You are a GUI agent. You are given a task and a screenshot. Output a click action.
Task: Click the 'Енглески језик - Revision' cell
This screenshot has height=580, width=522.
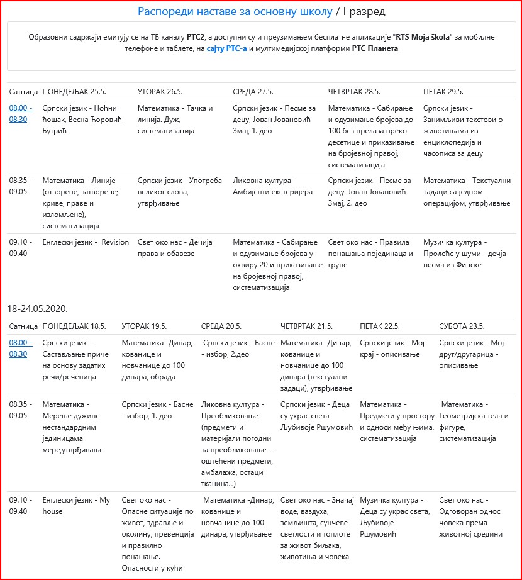(x=86, y=242)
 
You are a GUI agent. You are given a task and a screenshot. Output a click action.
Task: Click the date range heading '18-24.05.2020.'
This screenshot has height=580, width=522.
(x=38, y=309)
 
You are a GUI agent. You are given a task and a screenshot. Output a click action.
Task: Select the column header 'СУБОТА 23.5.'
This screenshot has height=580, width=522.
(x=462, y=326)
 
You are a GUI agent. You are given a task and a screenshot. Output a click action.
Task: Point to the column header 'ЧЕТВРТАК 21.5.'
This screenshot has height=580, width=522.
(x=306, y=326)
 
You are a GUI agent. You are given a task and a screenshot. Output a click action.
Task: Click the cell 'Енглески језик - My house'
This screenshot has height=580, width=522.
(x=76, y=506)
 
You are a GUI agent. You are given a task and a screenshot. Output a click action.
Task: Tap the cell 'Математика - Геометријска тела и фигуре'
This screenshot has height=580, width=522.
(x=475, y=421)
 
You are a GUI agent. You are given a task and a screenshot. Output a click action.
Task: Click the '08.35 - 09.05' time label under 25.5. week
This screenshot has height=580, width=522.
(x=21, y=186)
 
